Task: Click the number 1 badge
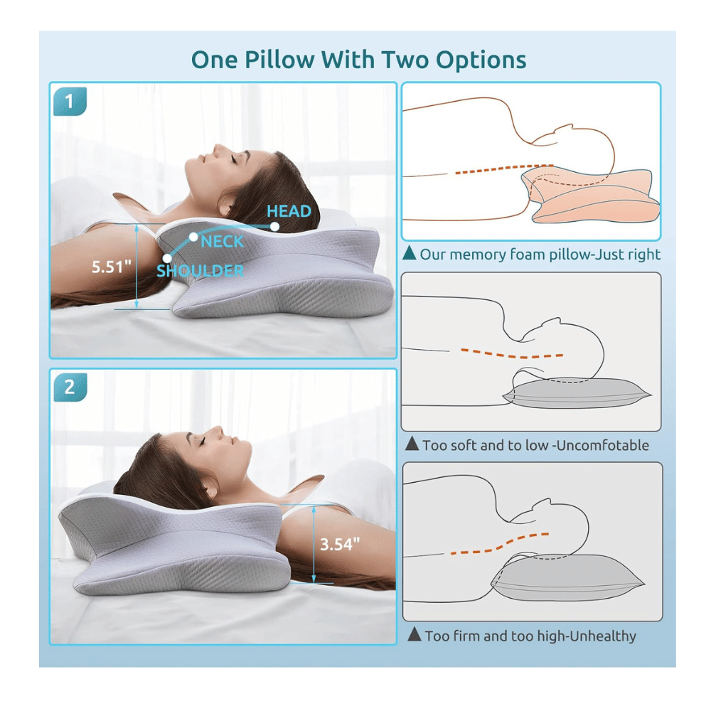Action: point(69,102)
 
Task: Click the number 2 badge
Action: point(69,387)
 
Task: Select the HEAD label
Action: point(289,211)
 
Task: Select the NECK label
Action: point(222,242)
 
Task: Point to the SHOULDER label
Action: point(200,271)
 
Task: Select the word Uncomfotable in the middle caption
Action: point(604,446)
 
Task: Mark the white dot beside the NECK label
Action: point(193,235)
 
